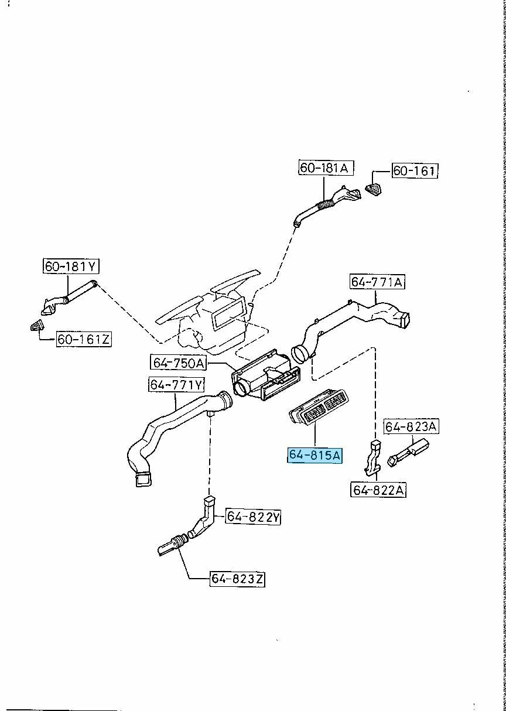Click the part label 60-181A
point(324,168)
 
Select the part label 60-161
point(414,171)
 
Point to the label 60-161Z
point(84,339)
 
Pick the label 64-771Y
point(176,385)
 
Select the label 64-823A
point(411,427)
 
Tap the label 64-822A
point(378,490)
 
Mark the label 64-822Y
point(254,517)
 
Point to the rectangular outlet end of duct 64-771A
point(404,319)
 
